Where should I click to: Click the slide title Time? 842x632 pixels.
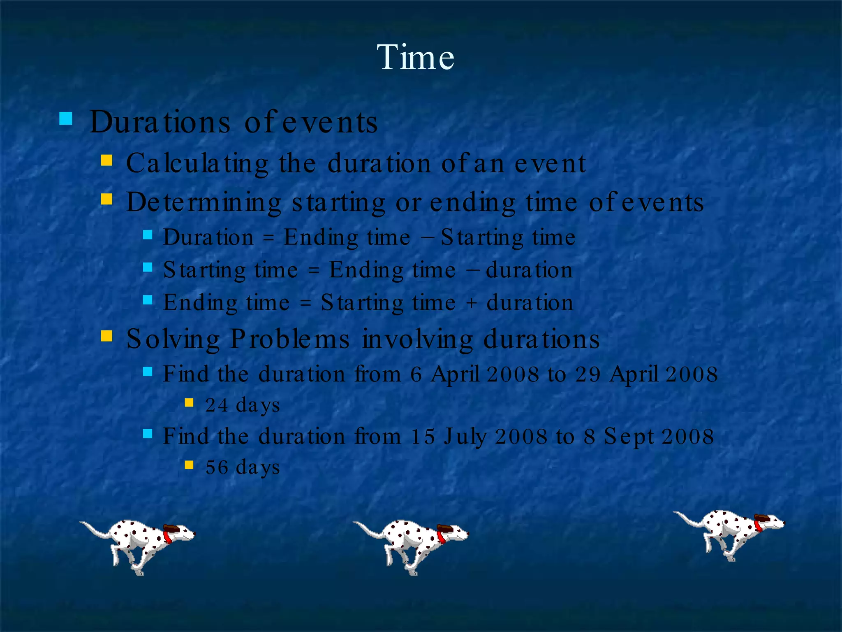[x=415, y=57]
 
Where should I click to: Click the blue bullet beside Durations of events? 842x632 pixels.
[x=66, y=119]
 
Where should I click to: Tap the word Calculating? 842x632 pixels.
[x=197, y=163]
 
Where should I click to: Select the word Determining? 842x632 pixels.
[x=204, y=202]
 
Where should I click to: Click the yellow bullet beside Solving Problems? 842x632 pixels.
[x=106, y=336]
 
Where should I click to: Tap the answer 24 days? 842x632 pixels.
[x=243, y=405]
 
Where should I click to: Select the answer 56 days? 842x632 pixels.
[x=243, y=467]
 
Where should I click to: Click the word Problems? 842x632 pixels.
[x=289, y=339]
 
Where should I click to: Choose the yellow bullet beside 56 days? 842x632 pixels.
[x=189, y=465]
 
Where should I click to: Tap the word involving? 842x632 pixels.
[x=417, y=339]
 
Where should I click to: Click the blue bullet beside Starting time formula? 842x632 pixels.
[x=148, y=267]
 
